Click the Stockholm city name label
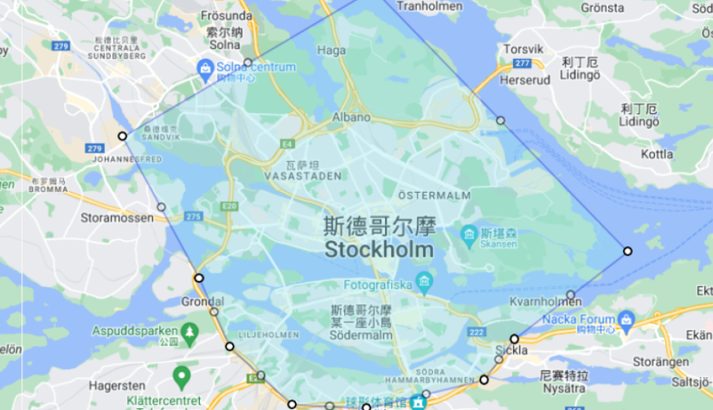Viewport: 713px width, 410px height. coord(379,248)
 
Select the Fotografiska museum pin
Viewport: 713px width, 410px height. coord(424,285)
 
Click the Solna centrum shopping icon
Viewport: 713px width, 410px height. coord(205,66)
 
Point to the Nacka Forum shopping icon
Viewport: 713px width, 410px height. coord(627,319)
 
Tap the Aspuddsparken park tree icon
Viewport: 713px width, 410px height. coord(190,330)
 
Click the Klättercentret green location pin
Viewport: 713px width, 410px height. coord(182,377)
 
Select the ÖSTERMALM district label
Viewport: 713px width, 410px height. coord(434,195)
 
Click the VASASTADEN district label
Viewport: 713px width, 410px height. coord(302,175)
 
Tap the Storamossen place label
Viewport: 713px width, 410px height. coord(117,218)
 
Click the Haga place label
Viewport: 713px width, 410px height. coord(331,50)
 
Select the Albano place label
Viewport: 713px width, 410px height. coord(351,117)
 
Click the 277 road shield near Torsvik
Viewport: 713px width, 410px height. coord(523,63)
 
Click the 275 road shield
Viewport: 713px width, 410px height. coord(193,216)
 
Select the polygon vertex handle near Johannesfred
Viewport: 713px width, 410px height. coord(122,136)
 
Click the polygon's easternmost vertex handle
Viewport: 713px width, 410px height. coord(628,251)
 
